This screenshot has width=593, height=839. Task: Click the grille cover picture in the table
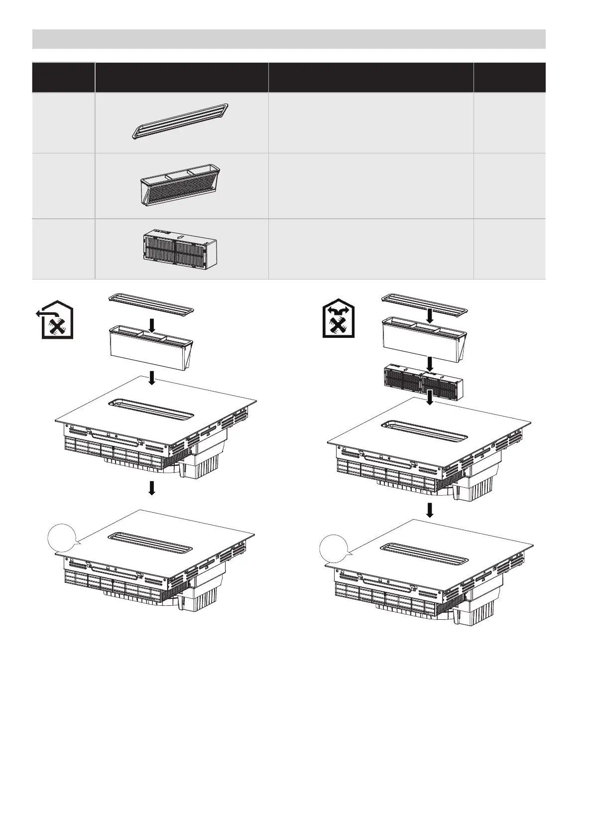[180, 121]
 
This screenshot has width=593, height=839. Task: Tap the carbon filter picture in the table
[179, 248]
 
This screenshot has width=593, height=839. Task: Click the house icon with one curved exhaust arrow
[56, 322]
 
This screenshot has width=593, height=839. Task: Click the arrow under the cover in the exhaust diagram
[153, 325]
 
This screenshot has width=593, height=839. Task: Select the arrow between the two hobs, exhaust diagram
[153, 488]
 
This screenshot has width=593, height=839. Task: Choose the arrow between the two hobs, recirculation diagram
[429, 509]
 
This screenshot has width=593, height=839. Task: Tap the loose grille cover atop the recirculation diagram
[426, 303]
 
